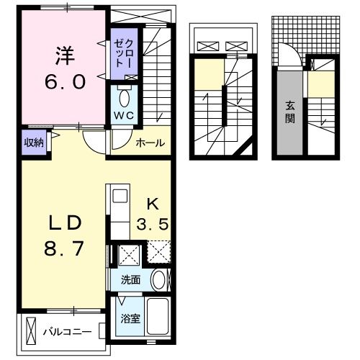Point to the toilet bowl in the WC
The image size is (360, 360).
coord(123,96)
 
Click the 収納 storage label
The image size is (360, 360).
coord(34,143)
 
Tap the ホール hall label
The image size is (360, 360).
coord(150,143)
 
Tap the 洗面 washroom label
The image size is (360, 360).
coord(130,280)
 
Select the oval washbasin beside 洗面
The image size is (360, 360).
coord(158,280)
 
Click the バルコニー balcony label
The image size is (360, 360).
coord(66,332)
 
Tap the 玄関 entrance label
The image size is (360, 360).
coord(289,112)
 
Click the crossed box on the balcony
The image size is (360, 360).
coord(31,332)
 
